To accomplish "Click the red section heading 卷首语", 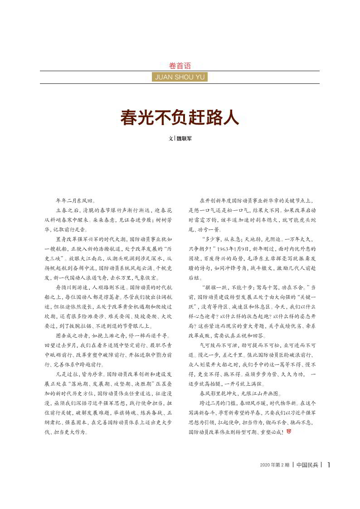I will tap(180, 66).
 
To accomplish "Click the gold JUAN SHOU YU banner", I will tap(180, 77).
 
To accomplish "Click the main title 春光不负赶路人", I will tap(180, 118).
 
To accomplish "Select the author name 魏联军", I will tap(184, 139).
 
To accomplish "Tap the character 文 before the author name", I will tap(170, 139).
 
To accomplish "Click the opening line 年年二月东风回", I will tap(75, 200).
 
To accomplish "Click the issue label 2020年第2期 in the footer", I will tap(274, 465).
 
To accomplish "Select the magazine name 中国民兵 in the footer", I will tap(307, 465).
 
